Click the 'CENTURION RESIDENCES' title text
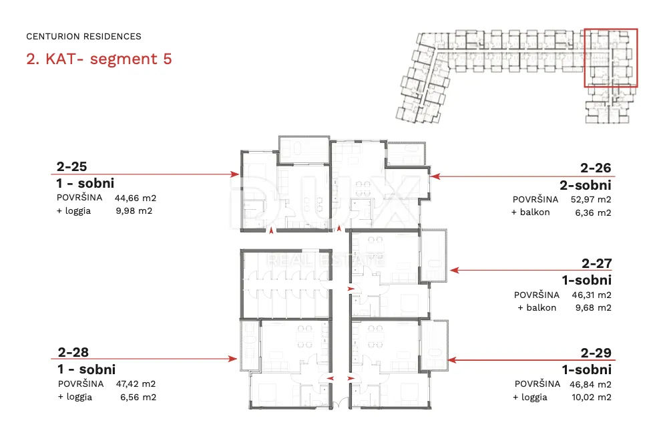point(83,37)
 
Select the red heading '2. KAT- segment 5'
point(99,59)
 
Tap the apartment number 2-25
point(71,166)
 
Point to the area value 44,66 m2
point(136,198)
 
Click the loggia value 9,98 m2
point(134,211)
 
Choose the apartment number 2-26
point(596,168)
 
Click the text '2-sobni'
point(586,185)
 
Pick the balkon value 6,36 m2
point(593,213)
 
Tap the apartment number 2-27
point(597,263)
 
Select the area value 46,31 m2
point(592,295)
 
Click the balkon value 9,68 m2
point(594,308)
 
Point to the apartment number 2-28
point(73,353)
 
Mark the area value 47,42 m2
point(136,384)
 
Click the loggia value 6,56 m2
point(138,397)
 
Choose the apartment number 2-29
point(596,353)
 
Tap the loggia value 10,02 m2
point(592,398)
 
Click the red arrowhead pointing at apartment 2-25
point(235,174)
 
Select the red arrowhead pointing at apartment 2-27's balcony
point(455,271)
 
